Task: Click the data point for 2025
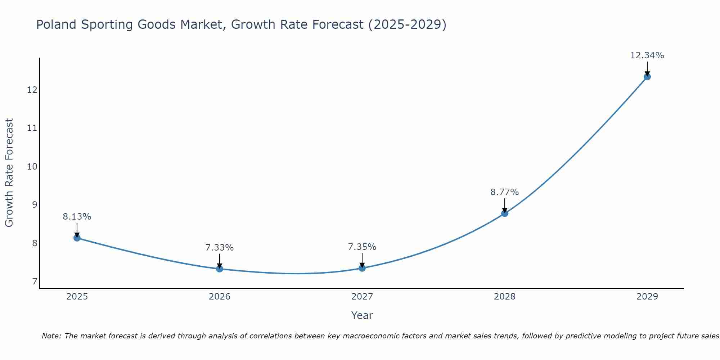click(77, 238)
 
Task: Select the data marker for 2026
click(220, 269)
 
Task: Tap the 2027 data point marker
click(362, 268)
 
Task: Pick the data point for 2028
click(505, 213)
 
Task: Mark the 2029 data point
click(647, 77)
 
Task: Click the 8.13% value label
click(77, 217)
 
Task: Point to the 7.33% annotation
click(220, 248)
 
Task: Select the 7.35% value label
click(362, 247)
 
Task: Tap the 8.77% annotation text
click(505, 192)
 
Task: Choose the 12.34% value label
click(647, 55)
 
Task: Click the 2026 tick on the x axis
click(220, 297)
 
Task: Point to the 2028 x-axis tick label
click(505, 297)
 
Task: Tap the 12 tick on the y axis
click(32, 90)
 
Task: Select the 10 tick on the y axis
click(32, 166)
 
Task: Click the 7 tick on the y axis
click(35, 281)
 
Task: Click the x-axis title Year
click(362, 315)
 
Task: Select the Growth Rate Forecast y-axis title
click(9, 173)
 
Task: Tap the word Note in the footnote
click(51, 336)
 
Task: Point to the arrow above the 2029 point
click(647, 68)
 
